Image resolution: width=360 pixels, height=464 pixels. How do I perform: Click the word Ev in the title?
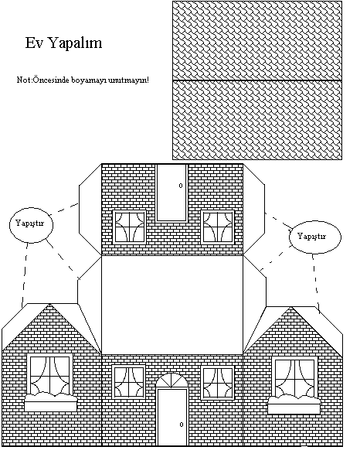pos(34,43)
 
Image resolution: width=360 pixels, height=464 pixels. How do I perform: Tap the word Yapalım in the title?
pos(75,43)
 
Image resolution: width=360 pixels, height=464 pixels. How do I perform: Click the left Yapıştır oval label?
pos(31,223)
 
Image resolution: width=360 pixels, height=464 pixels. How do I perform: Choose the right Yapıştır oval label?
pos(315,237)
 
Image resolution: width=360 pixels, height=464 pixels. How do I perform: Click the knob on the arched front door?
pos(182,425)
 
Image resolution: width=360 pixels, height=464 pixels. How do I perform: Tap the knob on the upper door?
pos(181,186)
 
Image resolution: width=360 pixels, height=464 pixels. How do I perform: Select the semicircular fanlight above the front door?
pos(172,381)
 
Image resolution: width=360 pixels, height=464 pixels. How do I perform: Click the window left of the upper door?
pos(129,227)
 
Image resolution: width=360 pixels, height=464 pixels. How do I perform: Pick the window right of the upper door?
pos(218,227)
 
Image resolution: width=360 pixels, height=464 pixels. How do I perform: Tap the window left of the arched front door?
pos(128,383)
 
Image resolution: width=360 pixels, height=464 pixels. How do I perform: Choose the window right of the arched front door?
pos(218,383)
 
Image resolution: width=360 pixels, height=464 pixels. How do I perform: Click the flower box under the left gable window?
pos(50,401)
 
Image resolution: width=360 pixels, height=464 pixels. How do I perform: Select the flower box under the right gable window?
pos(294,404)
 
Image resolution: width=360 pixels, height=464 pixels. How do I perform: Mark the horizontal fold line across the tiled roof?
pos(257,80)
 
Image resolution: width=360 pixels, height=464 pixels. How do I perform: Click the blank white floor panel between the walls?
pos(172,305)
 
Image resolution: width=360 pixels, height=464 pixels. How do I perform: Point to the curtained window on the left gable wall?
pos(49,374)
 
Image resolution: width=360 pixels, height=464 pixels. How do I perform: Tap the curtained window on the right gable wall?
pos(294,377)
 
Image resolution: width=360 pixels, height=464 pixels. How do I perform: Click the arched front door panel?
pos(172,418)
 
